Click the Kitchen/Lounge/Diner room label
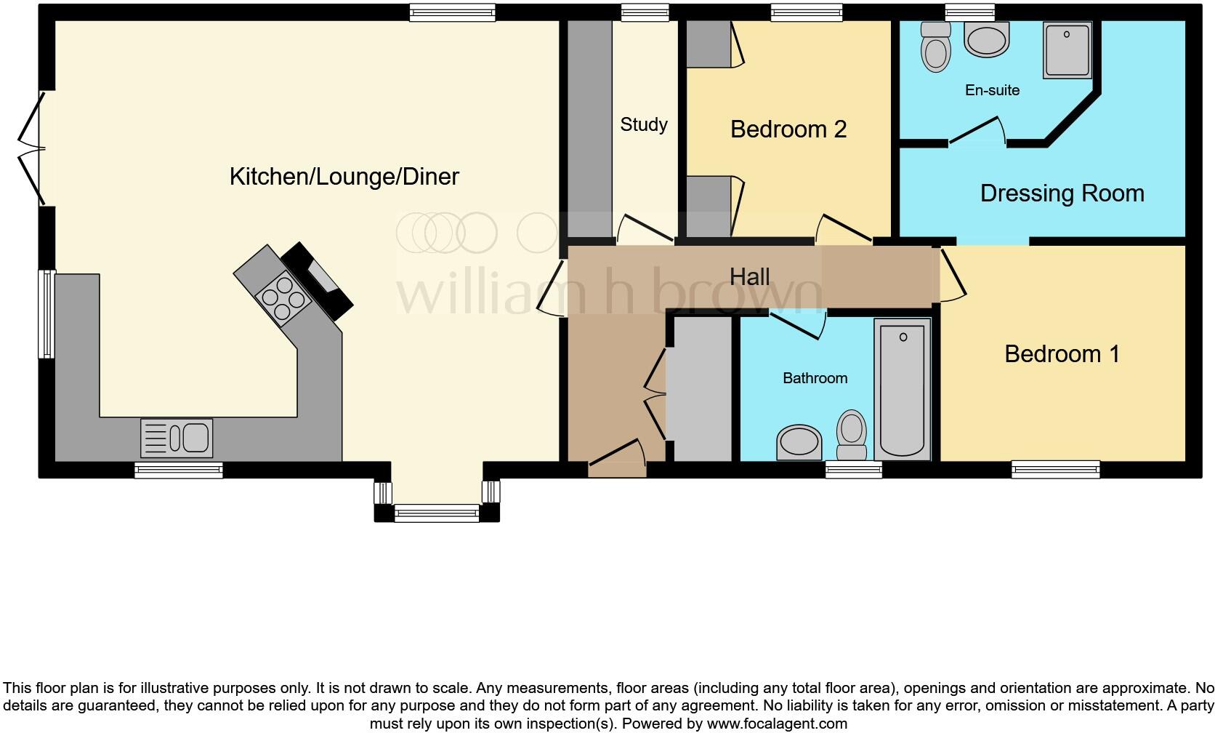[x=344, y=177]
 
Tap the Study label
[x=643, y=125]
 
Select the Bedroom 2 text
[x=788, y=129]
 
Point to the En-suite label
[x=992, y=90]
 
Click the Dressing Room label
[x=1062, y=193]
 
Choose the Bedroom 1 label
[x=1062, y=354]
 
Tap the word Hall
[x=749, y=277]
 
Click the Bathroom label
[x=815, y=378]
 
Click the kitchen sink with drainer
[x=177, y=438]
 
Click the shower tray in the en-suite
[x=1067, y=49]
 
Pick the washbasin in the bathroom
[x=799, y=442]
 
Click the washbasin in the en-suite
[x=986, y=39]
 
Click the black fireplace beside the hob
[x=318, y=280]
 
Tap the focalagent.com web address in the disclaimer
[x=776, y=724]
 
